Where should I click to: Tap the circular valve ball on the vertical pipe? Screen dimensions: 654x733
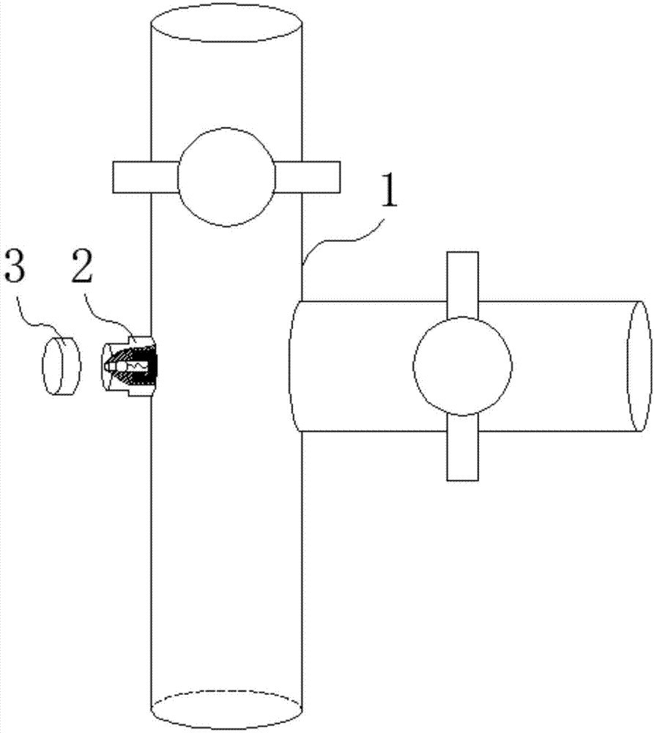pos(226,177)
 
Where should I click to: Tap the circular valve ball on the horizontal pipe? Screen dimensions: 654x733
pos(462,366)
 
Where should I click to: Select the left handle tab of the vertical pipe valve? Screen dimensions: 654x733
pos(145,177)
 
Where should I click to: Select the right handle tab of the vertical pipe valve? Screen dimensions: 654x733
pos(307,177)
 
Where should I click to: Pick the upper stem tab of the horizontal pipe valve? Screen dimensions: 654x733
pos(462,285)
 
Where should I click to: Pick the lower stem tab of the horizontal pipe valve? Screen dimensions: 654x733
pos(462,447)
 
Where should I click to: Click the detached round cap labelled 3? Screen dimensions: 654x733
pos(62,366)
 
